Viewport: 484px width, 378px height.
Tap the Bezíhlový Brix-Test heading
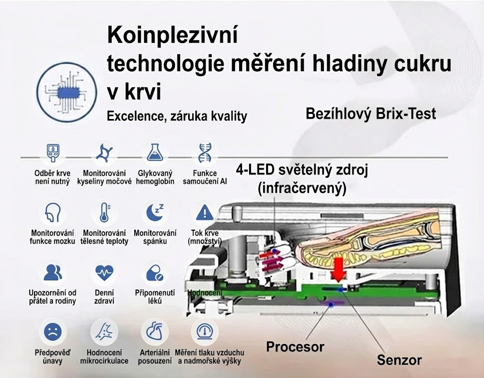371,113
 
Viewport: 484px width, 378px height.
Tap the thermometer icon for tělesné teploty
104,212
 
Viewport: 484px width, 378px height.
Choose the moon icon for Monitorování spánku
155,212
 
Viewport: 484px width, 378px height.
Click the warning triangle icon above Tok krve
204,212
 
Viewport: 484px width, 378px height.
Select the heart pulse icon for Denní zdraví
104,273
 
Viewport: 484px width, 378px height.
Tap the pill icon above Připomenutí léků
155,273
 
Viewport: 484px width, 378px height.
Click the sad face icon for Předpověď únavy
52,332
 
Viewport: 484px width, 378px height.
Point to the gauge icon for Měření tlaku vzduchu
204,332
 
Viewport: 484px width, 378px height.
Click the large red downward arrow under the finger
337,268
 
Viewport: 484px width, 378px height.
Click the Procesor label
295,347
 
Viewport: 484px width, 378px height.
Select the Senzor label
399,360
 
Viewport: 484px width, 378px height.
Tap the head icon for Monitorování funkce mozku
52,212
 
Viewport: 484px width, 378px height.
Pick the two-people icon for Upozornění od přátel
52,273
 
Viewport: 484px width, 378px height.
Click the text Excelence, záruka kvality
177,116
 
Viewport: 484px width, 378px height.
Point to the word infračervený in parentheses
302,188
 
